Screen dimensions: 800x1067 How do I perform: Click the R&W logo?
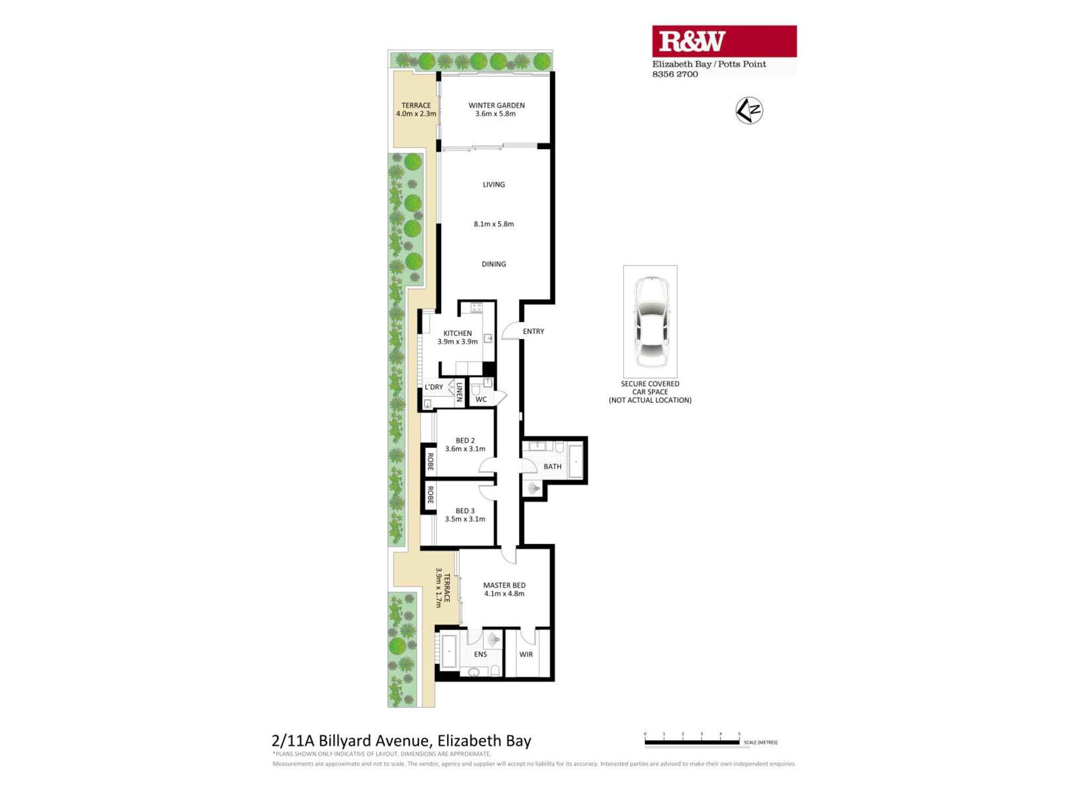pos(692,42)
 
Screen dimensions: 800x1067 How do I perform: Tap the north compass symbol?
pos(749,111)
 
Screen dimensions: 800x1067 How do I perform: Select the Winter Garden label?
pos(496,106)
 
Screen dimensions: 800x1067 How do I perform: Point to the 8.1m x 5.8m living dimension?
pos(493,224)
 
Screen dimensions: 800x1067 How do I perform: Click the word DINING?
pos(493,264)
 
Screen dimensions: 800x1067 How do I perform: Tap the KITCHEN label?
pos(457,333)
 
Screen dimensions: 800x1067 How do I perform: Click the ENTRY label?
pos(533,331)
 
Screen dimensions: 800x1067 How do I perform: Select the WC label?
pos(481,399)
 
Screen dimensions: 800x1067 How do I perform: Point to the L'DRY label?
pos(434,387)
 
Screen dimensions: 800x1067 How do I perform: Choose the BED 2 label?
pos(465,441)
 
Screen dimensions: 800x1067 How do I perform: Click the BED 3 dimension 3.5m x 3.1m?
pos(465,519)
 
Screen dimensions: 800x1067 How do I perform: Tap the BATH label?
pos(552,467)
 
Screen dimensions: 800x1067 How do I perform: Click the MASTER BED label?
pos(504,585)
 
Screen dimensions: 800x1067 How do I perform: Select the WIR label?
pos(526,654)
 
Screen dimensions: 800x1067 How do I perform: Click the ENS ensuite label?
pos(480,654)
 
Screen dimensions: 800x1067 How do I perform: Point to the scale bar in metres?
pos(692,742)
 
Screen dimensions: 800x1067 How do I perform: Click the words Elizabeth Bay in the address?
pos(484,741)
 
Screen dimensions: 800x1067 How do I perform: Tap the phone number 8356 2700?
pos(675,74)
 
